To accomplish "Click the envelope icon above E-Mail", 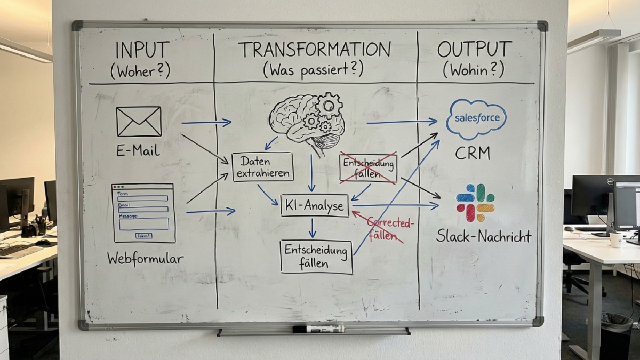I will coord(139,122).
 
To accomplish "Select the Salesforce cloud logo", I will coord(476,118).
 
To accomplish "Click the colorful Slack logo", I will coord(475,203).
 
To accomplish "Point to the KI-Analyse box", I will coord(315,206).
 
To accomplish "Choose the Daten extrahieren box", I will coord(262,167).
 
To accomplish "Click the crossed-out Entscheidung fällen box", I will coord(369,167).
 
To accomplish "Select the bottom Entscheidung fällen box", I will coord(316,257).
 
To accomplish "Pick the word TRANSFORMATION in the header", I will coord(315,50).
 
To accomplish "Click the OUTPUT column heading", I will coord(474,50).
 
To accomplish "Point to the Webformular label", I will coord(145,259).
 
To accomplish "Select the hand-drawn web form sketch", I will coord(143,213).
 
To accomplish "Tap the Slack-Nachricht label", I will coord(484,236).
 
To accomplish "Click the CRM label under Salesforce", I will coord(472,154).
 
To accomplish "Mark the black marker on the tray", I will coord(319,329).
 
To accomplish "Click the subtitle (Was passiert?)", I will coord(313,69).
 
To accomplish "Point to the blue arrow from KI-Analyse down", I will coord(313,228).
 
